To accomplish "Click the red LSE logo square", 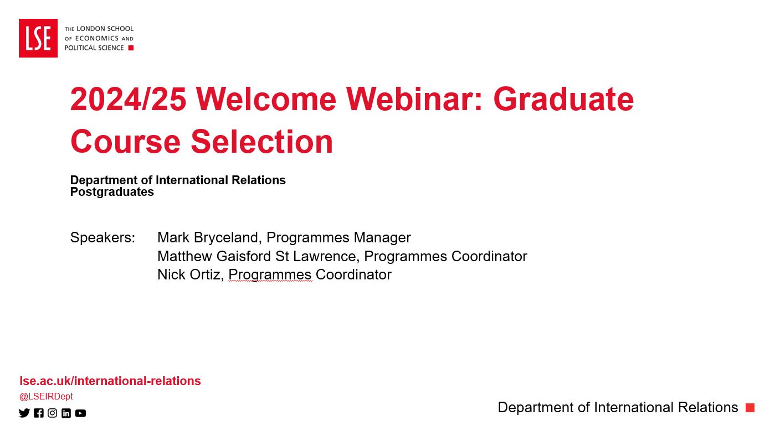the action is tap(38, 38).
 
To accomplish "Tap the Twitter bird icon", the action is tap(24, 413).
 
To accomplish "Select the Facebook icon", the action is tap(39, 413).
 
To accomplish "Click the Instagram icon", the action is tap(52, 413).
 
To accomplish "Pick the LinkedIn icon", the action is tap(66, 413).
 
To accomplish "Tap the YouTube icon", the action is tap(81, 413).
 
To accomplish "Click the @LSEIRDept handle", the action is tap(46, 396).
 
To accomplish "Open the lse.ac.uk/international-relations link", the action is tap(110, 381).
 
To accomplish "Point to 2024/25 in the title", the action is tap(129, 99).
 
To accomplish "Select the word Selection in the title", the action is tap(262, 141).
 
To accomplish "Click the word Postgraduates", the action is tap(112, 192).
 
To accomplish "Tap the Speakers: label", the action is tap(102, 238).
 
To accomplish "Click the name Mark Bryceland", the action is tap(208, 238).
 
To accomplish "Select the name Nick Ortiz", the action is tap(189, 274).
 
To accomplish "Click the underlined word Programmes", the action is tap(270, 275).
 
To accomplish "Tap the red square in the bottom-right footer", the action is tap(750, 408).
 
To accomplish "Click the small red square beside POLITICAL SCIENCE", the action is tap(131, 48).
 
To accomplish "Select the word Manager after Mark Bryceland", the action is tap(382, 238).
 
